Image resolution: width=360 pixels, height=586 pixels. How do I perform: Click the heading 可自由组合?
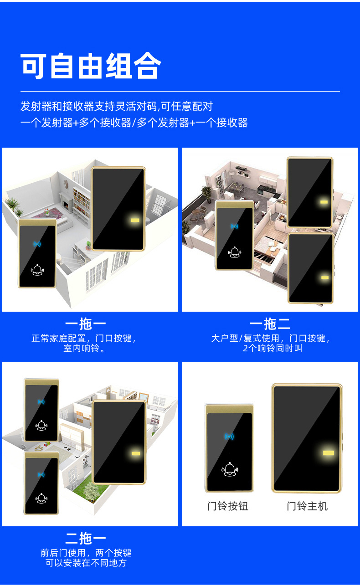pos(91,67)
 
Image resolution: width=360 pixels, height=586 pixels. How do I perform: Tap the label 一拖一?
pos(85,324)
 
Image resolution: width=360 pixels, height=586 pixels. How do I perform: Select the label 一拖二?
pos(270,324)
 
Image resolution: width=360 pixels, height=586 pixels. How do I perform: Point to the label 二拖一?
pos(85,539)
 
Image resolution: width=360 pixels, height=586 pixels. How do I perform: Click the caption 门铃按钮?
pos(228,506)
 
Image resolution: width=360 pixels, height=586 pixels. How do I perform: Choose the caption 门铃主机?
pos(307,506)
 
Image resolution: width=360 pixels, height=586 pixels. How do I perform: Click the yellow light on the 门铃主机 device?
pos(328,453)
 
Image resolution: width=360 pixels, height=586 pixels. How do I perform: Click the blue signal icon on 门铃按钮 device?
pos(229,437)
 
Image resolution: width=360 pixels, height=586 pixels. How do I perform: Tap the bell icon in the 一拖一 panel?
pos(37,271)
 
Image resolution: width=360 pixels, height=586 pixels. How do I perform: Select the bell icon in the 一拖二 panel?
pos(234,252)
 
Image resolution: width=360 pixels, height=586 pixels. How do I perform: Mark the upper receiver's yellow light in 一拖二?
pos(324,201)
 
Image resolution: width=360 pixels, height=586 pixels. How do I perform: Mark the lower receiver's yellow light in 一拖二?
pos(324,278)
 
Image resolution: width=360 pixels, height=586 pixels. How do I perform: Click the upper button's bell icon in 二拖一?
pos(41,426)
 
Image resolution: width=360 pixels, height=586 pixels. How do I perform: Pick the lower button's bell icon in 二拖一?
pos(41,499)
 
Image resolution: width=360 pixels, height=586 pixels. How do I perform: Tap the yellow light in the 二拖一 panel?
pos(135,453)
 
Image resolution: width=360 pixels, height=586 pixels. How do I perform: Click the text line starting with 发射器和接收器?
pos(117,107)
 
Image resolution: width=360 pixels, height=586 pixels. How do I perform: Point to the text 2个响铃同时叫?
pos(272,349)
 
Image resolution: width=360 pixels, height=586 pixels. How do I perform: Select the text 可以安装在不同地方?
pos(86,563)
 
